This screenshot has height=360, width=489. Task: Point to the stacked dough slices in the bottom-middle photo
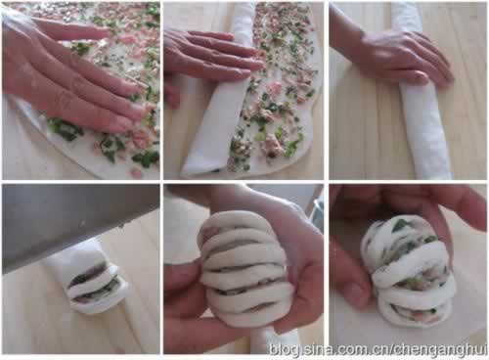click(x=243, y=267)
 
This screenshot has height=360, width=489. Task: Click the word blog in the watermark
click(x=284, y=350)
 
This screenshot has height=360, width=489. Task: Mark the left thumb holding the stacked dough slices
click(x=183, y=281)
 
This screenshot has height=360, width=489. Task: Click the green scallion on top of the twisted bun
click(x=401, y=225)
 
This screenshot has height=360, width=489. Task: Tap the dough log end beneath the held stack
click(x=274, y=340)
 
